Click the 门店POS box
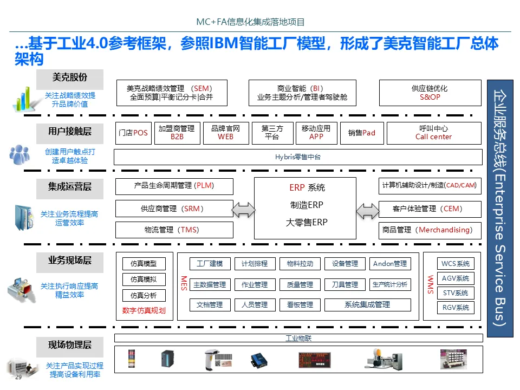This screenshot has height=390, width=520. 133,133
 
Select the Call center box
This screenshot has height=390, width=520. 433,133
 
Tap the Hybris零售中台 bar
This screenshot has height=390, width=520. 298,157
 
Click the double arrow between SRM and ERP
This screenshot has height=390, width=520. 243,209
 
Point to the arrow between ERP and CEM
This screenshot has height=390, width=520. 368,209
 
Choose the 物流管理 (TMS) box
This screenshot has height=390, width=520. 174,230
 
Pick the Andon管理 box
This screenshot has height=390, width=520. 390,264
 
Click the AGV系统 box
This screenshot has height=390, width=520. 456,278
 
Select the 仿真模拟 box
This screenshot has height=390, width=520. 144,279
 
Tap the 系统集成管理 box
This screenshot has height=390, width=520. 367,305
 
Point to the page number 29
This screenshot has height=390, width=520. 18,377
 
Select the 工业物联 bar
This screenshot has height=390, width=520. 298,339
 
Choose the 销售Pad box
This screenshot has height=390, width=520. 361,133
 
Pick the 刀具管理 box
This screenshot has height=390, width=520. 344,284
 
